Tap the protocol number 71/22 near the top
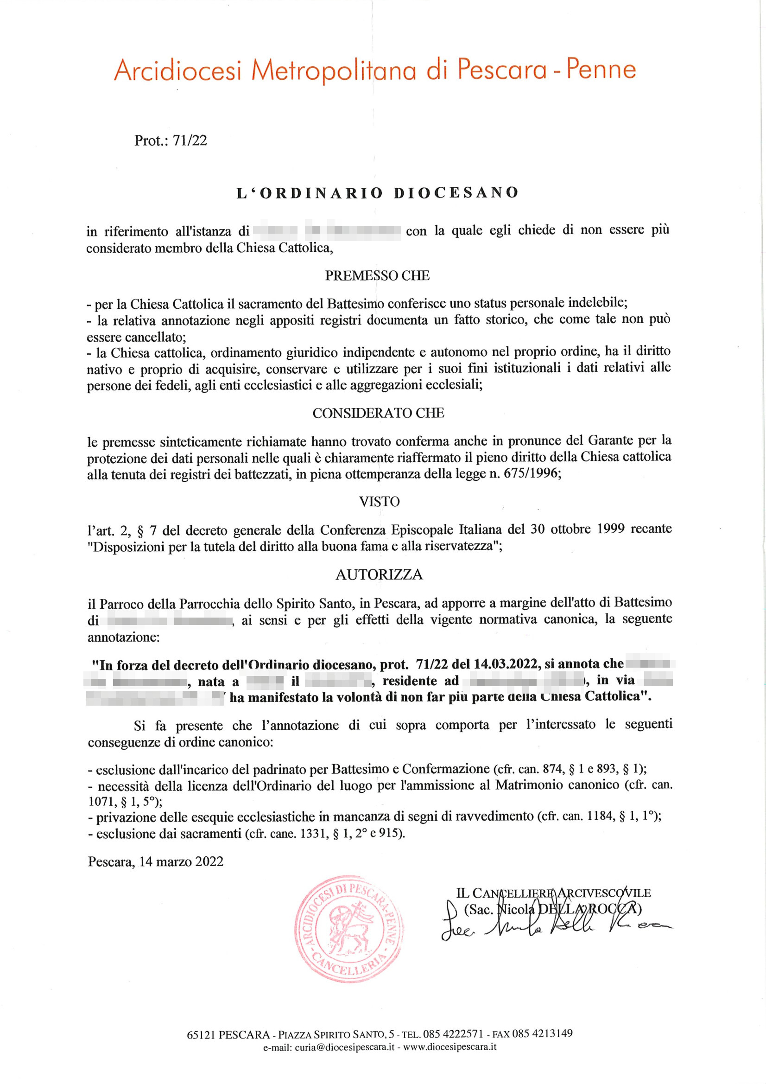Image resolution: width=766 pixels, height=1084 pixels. (190, 140)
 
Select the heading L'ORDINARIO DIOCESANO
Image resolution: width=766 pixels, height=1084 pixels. (378, 192)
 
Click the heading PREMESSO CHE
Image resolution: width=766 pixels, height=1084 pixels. (377, 276)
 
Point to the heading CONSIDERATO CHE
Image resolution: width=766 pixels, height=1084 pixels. (378, 413)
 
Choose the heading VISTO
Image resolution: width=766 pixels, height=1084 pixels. (379, 501)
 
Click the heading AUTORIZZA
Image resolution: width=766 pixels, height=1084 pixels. (379, 574)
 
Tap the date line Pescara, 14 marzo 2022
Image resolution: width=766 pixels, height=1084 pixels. (156, 861)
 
